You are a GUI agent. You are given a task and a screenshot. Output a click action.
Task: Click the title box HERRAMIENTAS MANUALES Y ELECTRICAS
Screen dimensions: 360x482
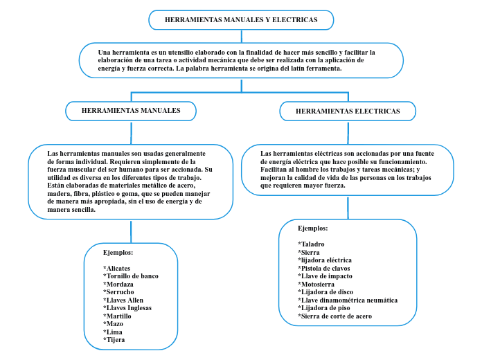[x=241, y=20]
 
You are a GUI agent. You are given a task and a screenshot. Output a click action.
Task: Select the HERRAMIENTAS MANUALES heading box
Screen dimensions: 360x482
[x=131, y=111]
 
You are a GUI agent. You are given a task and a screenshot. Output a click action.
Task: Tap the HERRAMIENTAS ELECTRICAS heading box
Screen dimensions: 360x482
[x=348, y=111]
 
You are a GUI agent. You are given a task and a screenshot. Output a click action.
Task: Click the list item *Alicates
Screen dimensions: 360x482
[x=116, y=268]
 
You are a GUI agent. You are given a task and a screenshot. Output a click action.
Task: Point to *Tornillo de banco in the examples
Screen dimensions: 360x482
[x=131, y=276]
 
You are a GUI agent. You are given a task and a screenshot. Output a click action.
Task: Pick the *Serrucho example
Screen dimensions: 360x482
[x=118, y=292]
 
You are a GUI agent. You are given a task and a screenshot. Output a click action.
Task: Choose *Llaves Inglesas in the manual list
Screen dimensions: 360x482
[x=127, y=308]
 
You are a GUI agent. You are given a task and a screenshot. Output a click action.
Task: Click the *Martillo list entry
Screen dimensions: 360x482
[x=117, y=316]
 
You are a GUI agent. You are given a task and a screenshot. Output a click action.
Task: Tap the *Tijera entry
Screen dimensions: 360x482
[x=115, y=340]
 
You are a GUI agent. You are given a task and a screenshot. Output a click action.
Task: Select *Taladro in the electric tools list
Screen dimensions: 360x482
[x=311, y=244]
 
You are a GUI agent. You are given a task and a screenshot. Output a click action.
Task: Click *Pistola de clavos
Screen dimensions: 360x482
[x=324, y=268]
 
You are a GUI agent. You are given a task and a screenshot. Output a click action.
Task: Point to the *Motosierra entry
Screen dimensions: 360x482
[x=316, y=284]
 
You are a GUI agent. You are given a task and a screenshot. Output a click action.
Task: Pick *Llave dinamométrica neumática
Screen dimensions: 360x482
[x=348, y=300]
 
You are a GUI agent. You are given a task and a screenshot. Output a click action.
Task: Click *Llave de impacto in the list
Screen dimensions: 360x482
[x=325, y=276]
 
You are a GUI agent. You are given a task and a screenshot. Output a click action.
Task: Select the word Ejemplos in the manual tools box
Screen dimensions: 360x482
[x=118, y=252]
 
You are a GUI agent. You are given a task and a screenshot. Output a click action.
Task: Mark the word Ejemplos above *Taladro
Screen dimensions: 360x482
[x=312, y=228]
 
